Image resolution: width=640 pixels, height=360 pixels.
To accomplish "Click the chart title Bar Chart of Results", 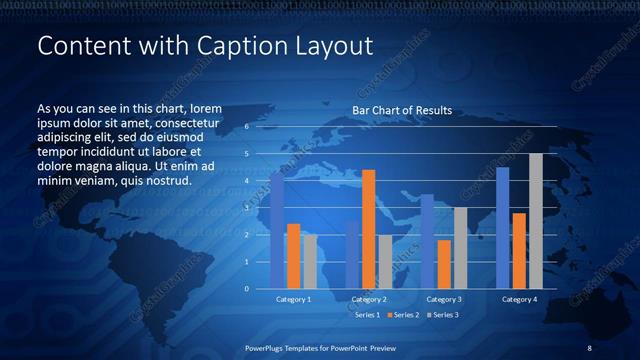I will [x=402, y=110].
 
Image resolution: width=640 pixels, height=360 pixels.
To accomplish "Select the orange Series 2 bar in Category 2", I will [x=368, y=229].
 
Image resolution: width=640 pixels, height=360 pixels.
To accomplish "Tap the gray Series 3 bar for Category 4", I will [x=535, y=221].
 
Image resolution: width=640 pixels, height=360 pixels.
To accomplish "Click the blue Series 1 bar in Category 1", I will [x=277, y=231].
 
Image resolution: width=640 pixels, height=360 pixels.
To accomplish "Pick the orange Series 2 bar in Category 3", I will [x=444, y=264].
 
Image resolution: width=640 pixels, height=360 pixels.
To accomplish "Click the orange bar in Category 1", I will [x=293, y=256].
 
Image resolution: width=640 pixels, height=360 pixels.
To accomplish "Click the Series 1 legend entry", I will [x=366, y=315].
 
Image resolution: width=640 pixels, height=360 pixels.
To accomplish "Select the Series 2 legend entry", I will [x=403, y=315].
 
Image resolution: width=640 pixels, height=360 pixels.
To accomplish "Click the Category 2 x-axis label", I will [x=368, y=299].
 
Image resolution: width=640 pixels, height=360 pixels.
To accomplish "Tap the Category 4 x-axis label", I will [x=518, y=299].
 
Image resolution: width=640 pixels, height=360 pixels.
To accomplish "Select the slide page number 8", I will [x=589, y=347].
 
